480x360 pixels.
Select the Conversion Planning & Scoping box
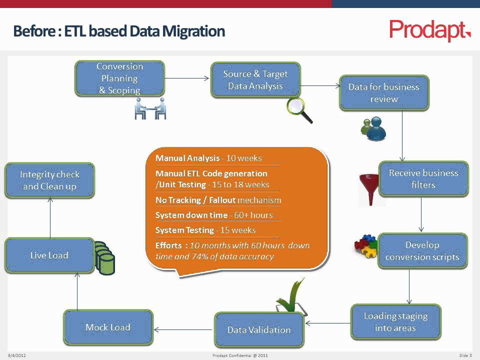(119, 78)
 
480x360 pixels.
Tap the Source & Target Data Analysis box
(255, 80)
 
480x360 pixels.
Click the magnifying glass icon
(299, 110)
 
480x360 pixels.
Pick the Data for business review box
(384, 93)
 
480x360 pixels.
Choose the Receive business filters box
(423, 179)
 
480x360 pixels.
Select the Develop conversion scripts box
(422, 251)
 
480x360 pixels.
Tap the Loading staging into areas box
(395, 322)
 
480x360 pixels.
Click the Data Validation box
(259, 330)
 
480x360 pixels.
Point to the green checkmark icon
(290, 297)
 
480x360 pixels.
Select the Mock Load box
(108, 327)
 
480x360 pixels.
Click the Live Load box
(49, 255)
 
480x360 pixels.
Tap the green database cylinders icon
(104, 258)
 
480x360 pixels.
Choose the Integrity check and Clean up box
(49, 180)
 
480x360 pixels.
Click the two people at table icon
(150, 108)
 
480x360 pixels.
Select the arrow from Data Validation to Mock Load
(183, 329)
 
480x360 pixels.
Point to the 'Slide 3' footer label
(465, 355)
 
